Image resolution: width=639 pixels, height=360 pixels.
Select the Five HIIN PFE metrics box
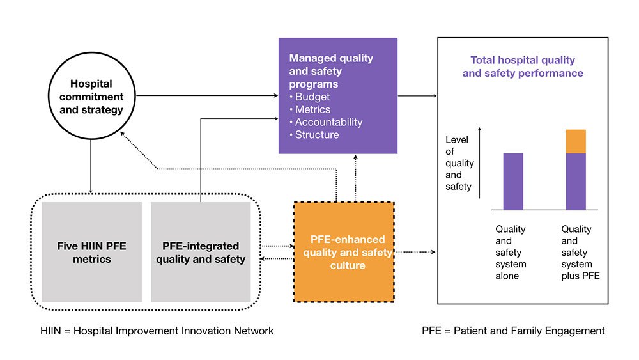(x=91, y=252)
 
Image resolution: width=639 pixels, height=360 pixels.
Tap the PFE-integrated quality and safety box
(x=201, y=252)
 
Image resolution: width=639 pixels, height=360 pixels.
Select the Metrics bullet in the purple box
(x=312, y=110)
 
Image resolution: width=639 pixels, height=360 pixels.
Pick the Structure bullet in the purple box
(x=316, y=135)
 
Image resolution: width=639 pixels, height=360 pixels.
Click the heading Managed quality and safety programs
(x=331, y=71)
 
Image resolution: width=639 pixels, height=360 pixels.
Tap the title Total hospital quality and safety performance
(x=523, y=67)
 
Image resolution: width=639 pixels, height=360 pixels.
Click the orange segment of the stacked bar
(x=576, y=141)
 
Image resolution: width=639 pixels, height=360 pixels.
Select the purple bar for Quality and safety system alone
(x=513, y=182)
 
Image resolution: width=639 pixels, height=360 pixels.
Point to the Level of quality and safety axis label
(x=459, y=162)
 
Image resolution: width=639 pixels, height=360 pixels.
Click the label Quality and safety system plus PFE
(x=576, y=252)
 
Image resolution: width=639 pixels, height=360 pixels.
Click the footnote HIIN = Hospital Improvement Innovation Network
(x=157, y=331)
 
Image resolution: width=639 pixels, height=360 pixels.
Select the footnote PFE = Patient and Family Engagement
(x=513, y=331)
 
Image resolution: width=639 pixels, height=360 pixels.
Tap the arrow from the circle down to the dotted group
(x=91, y=166)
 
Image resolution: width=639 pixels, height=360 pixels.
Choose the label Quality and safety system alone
(x=511, y=252)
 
